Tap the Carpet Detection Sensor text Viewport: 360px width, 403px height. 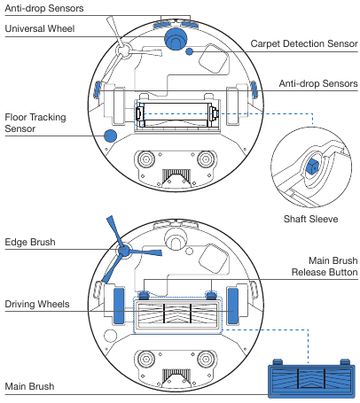coord(303,43)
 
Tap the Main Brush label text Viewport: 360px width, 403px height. coord(30,387)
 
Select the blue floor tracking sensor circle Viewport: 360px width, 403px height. coord(111,136)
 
